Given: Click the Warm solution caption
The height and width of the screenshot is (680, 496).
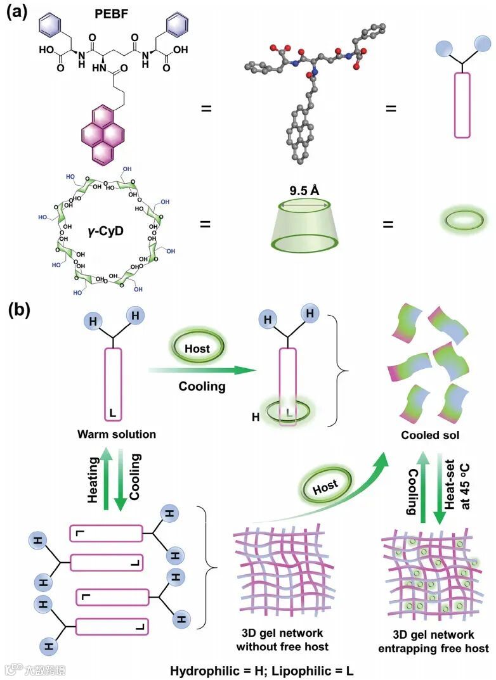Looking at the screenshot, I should [x=117, y=435].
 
